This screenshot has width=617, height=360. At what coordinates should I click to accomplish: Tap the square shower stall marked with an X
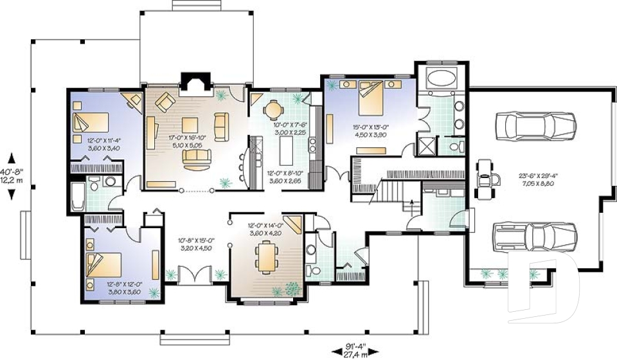426,145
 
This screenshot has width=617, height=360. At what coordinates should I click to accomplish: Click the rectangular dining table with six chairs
265,257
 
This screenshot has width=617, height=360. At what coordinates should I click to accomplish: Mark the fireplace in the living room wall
192,83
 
